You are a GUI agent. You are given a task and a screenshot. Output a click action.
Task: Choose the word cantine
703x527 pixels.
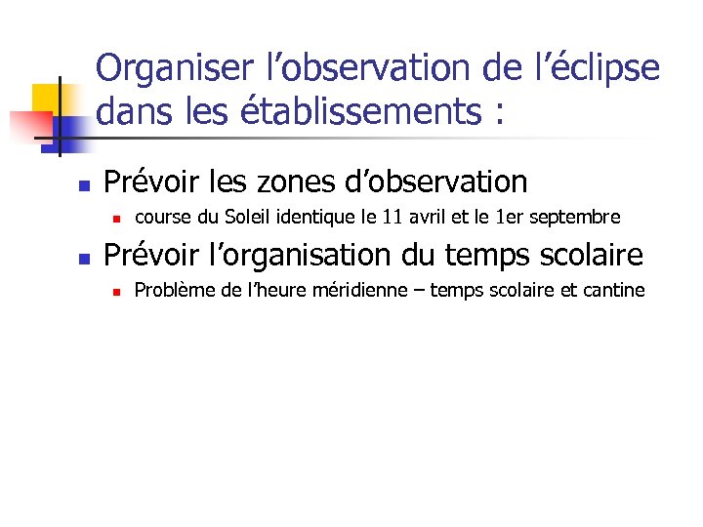615,290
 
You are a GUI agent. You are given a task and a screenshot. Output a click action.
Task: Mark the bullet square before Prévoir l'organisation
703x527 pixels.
85,259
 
